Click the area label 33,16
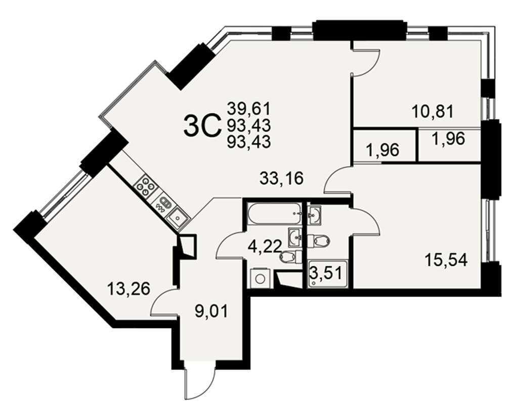[281, 178]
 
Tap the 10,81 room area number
[433, 111]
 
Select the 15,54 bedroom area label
[446, 260]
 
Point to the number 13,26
[129, 289]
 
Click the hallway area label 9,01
[212, 311]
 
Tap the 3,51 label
[325, 273]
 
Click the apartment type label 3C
[202, 126]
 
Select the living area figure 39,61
[248, 108]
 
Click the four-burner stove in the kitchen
[146, 186]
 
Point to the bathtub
[275, 213]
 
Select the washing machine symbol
[260, 278]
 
